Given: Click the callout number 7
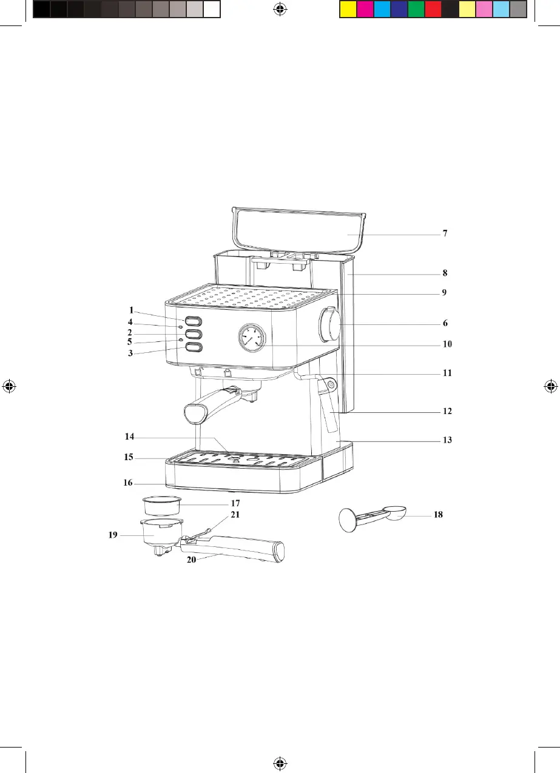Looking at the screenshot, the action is point(445,233).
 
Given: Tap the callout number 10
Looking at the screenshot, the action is point(447,344).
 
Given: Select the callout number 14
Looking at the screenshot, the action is point(129,437).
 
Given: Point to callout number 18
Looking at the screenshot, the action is point(438,515).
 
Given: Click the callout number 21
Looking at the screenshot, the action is point(235,515).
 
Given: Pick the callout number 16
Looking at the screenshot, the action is point(128,483).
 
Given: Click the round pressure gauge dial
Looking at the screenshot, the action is point(252,338).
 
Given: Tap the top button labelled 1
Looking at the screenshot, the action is point(194,321).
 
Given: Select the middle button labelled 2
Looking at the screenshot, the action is point(194,334).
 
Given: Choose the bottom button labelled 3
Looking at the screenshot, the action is point(194,347).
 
